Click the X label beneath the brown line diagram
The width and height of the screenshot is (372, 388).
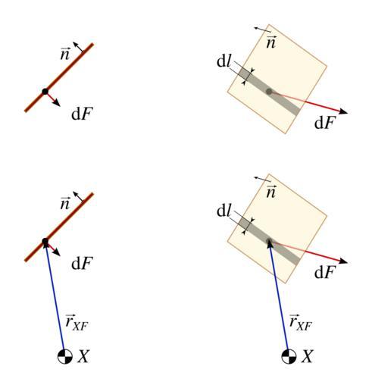83,356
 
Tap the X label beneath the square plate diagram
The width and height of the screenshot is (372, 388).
308,356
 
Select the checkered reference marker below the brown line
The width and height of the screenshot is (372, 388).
65,356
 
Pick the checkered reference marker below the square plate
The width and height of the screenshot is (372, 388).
289,356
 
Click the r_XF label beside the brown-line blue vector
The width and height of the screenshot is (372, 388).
77,323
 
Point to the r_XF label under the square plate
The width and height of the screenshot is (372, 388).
301,323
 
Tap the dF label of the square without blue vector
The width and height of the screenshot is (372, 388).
324,123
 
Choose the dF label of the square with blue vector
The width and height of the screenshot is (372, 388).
324,272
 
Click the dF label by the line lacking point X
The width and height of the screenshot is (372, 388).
83,114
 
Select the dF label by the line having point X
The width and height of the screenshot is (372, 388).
83,263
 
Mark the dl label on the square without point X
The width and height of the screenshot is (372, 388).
224,61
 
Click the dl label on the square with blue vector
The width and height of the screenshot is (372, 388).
224,211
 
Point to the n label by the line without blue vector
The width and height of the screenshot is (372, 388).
65,54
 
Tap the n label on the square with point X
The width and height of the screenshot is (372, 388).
271,192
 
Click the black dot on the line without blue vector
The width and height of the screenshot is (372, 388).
45,92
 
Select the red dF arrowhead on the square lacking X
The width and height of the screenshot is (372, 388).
343,111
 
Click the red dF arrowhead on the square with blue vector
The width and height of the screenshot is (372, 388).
343,261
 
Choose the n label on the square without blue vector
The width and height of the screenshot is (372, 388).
271,42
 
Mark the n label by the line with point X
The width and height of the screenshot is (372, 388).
65,203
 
